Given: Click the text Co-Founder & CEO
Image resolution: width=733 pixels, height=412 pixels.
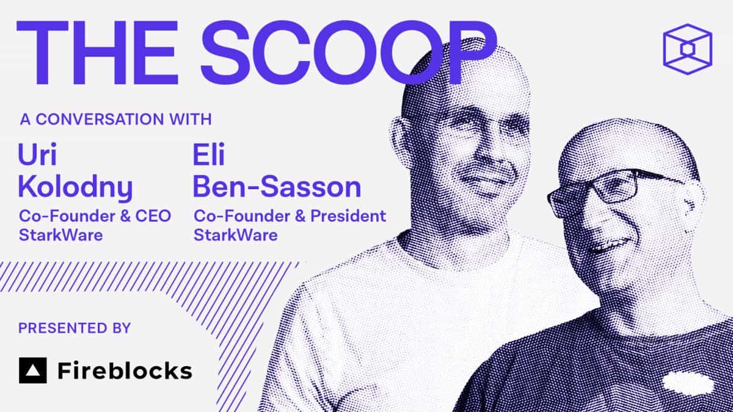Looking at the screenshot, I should coord(95,216).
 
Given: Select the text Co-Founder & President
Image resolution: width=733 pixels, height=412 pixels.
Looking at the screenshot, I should coord(290,216).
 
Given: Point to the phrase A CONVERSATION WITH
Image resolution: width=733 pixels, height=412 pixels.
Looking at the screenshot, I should coord(115,118).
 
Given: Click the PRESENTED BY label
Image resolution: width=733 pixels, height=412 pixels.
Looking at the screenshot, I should coord(74,328).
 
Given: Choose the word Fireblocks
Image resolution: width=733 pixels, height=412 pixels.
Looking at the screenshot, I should coord(125,370).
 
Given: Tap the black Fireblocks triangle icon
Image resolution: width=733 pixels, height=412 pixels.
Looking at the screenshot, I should coord(32,370).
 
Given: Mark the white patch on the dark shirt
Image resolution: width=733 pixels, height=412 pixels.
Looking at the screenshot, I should coord(687,383).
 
